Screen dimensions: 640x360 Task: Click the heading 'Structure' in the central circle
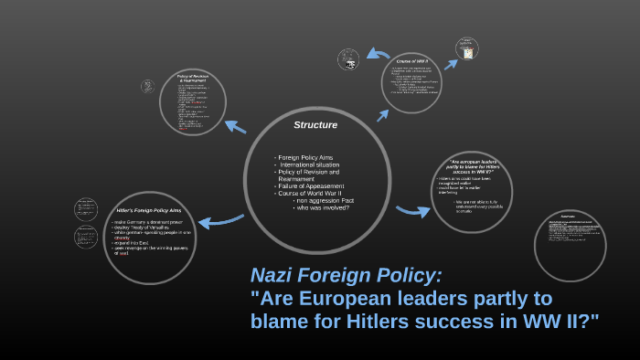click(x=315, y=124)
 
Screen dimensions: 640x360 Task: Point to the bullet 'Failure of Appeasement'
click(x=313, y=185)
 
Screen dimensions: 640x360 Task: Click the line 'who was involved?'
click(x=322, y=207)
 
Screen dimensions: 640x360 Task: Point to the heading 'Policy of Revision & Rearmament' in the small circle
click(x=193, y=78)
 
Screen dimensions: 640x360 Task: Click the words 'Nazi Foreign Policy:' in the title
click(x=347, y=275)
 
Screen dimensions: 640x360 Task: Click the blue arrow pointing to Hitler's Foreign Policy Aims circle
click(x=220, y=220)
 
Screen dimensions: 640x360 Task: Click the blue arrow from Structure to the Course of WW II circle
click(x=382, y=113)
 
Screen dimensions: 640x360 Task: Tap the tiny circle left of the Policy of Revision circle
click(x=148, y=87)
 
